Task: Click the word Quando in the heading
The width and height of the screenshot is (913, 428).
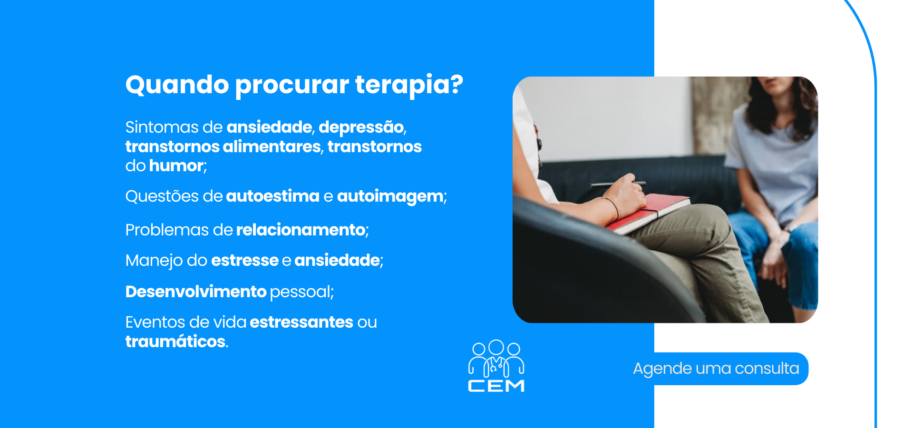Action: [x=177, y=85]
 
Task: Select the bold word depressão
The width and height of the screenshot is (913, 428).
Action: [x=361, y=127]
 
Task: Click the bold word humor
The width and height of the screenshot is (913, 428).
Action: [x=176, y=165]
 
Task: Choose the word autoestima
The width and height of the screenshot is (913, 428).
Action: [x=272, y=196]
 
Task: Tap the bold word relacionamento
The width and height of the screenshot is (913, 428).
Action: [x=301, y=230]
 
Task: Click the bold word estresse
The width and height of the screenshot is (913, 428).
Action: [x=245, y=261]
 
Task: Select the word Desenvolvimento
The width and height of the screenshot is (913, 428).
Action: [x=196, y=292]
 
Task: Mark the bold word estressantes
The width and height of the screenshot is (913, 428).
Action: [x=301, y=322]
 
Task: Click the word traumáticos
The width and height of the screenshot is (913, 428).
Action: [x=175, y=341]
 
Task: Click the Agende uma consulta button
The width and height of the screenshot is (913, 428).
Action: [x=716, y=369]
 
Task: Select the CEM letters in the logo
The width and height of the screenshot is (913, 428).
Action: [x=496, y=386]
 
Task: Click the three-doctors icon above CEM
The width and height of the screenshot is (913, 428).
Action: [x=496, y=358]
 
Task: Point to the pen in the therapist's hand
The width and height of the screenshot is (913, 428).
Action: [x=617, y=184]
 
